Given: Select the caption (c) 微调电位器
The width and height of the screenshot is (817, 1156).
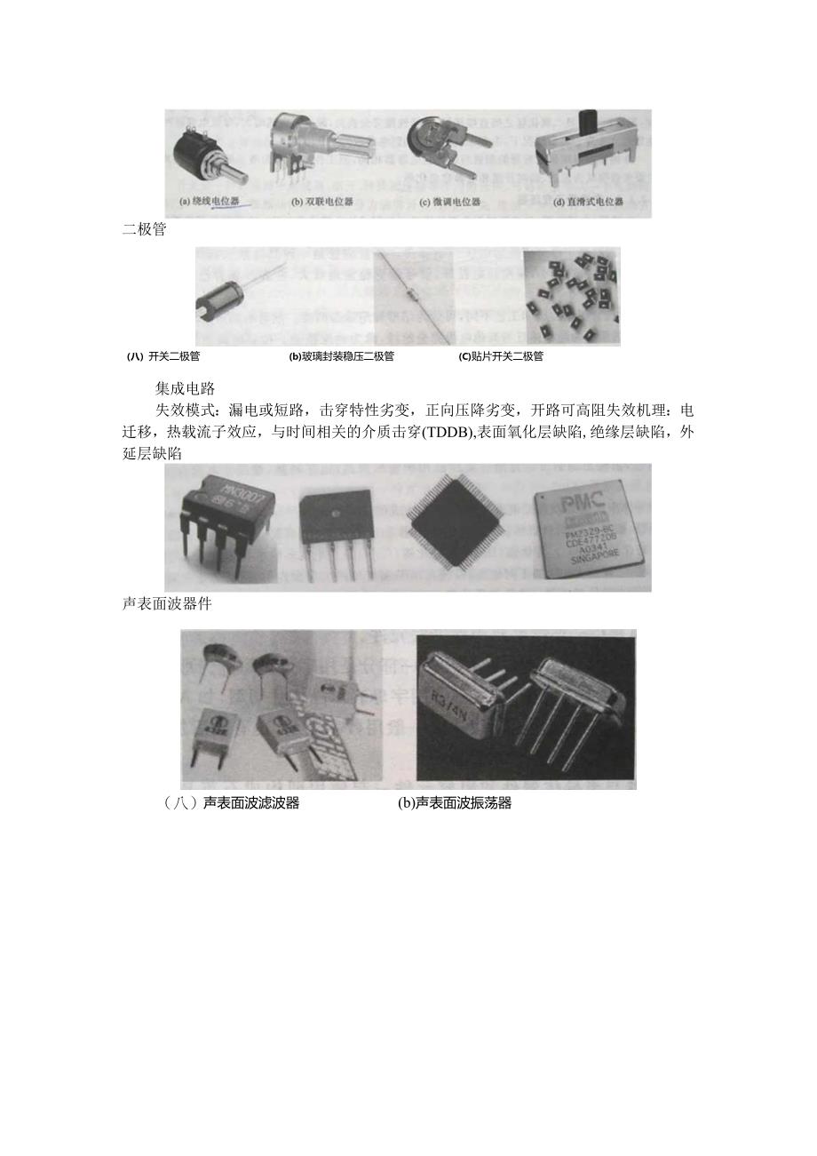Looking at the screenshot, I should [x=450, y=202].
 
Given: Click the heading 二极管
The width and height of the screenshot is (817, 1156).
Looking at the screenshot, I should [x=143, y=230].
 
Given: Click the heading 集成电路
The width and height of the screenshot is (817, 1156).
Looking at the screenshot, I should [x=184, y=388].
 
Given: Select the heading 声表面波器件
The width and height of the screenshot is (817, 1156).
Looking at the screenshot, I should [x=166, y=603].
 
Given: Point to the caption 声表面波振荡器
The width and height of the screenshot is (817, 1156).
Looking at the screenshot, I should [x=455, y=803].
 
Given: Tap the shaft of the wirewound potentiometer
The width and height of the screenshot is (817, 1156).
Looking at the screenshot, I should [x=238, y=171].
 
